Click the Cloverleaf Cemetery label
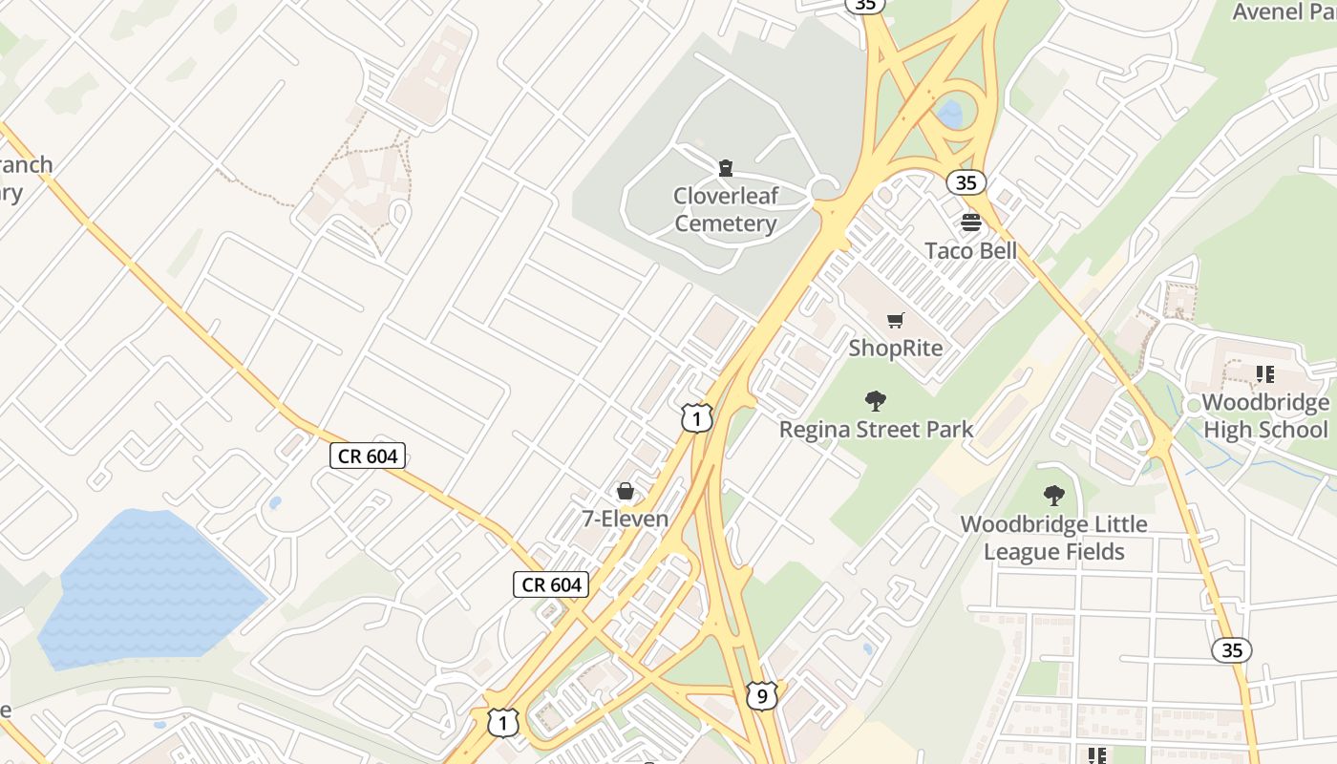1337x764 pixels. (726, 210)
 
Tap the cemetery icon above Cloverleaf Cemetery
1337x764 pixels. (726, 169)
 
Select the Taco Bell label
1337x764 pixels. (970, 251)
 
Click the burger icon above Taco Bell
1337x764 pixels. (971, 223)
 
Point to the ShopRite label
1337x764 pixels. (895, 349)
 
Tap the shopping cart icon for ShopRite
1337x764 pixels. (895, 321)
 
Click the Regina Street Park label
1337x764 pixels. (876, 430)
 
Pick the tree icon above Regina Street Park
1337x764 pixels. (875, 401)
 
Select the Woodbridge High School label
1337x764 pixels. (1265, 416)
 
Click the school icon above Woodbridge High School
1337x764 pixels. (1265, 374)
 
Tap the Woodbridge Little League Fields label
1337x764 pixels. (1053, 538)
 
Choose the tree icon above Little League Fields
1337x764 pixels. (1053, 496)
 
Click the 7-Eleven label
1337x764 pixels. (625, 519)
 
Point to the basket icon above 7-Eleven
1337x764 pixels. (625, 491)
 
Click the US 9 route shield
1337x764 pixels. (761, 695)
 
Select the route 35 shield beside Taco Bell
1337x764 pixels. (966, 181)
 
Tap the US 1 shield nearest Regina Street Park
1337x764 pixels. (697, 417)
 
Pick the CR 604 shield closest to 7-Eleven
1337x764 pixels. (551, 584)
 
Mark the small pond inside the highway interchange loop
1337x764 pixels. (950, 114)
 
